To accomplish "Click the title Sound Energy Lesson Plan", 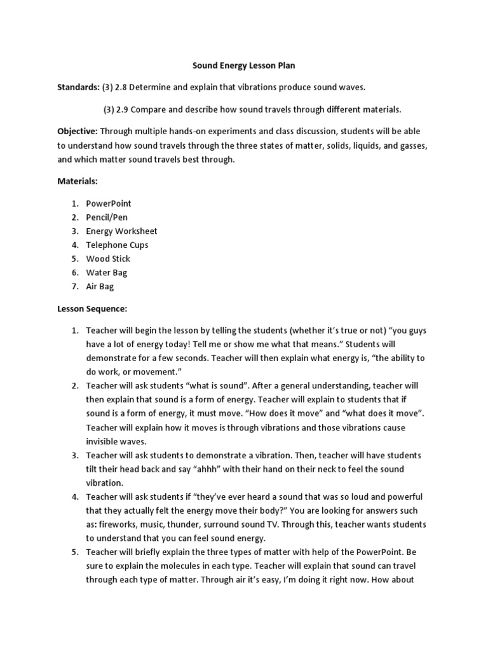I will (x=244, y=65).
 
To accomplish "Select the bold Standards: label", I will (x=79, y=86).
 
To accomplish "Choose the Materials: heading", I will (x=78, y=181).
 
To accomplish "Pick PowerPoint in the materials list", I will (x=109, y=203).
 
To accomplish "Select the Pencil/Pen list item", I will (x=107, y=217).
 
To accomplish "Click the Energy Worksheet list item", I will (x=121, y=231).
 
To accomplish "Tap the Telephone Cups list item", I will (x=117, y=245).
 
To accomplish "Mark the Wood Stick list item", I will (x=108, y=259).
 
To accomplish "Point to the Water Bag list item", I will (x=107, y=273).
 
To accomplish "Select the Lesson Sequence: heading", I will (x=93, y=309).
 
